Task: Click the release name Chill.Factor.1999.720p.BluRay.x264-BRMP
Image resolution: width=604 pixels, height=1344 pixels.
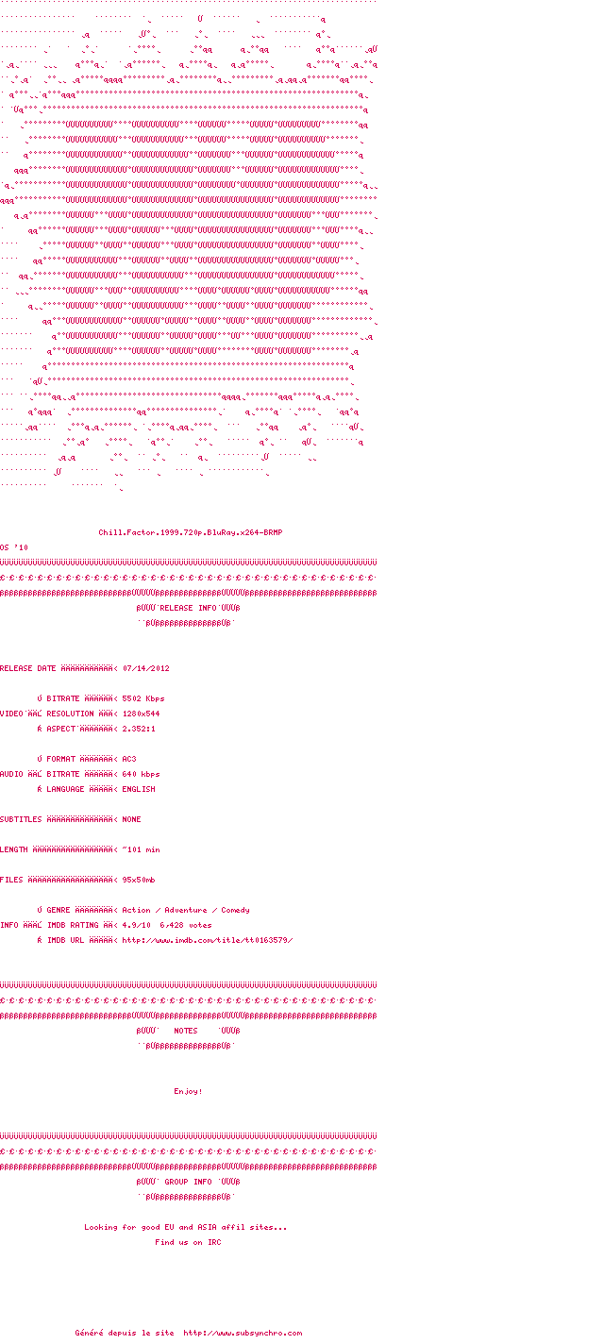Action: point(191,532)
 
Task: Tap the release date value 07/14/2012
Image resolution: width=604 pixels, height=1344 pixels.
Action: point(146,668)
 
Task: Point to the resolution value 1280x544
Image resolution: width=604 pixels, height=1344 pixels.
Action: point(141,714)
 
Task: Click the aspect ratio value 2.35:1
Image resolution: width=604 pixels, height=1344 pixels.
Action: point(139,729)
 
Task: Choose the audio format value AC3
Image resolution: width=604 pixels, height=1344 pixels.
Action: point(129,759)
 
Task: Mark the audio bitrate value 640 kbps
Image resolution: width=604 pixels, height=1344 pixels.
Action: point(142,774)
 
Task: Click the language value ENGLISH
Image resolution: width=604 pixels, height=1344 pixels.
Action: point(139,789)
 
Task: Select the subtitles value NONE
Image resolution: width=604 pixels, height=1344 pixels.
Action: point(132,819)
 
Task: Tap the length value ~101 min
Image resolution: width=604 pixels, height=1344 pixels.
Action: point(142,849)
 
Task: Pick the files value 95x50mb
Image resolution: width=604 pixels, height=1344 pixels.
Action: point(139,880)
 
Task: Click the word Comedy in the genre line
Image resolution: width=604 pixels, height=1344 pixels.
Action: point(235,910)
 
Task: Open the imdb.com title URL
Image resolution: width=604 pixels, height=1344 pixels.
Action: point(208,940)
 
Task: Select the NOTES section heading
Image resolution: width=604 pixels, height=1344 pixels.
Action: point(186,1031)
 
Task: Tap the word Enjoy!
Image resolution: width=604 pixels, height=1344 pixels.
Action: point(188,1091)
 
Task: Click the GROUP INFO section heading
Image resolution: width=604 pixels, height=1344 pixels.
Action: point(188,1182)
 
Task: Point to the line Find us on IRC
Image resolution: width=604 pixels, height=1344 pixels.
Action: point(188,1242)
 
